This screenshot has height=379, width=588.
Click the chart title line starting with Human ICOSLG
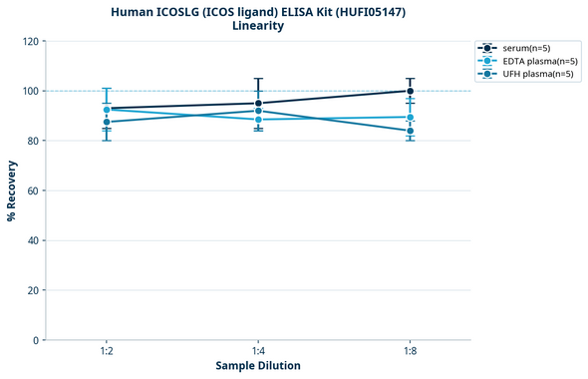click(258, 11)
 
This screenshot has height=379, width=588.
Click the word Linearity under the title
click(258, 26)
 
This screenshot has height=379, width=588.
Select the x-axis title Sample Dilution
click(258, 366)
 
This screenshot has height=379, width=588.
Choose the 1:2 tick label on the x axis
click(107, 352)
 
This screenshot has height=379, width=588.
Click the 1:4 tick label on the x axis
click(258, 352)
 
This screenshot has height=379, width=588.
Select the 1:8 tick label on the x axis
click(411, 352)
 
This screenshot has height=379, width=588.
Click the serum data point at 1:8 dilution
click(411, 91)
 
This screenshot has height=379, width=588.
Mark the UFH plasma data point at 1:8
click(411, 131)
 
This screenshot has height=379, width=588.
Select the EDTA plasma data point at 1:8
click(411, 118)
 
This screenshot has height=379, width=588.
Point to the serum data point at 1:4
click(258, 103)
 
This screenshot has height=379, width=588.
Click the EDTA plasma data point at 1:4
click(258, 120)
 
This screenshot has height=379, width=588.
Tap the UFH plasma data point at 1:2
click(107, 122)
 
